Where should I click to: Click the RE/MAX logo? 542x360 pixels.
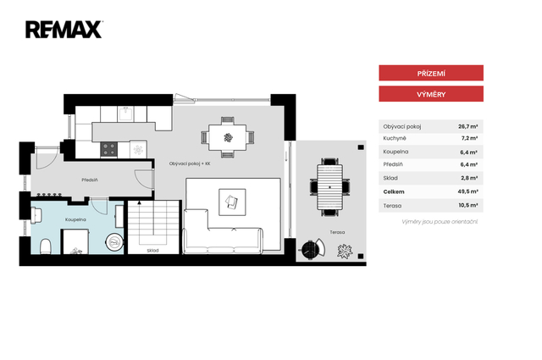(x=64, y=30)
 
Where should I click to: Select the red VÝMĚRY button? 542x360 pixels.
(x=431, y=94)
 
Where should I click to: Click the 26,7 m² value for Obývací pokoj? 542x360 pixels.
(x=468, y=126)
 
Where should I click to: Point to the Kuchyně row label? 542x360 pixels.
(x=395, y=138)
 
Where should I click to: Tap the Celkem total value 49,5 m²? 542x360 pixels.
(x=467, y=191)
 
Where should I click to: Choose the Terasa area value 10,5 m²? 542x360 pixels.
(x=468, y=205)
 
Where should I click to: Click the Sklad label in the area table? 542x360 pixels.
(x=390, y=178)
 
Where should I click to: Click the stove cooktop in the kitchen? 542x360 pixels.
(x=109, y=149)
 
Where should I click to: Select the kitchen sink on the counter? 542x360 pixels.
(x=125, y=114)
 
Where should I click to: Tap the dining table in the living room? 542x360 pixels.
(x=228, y=137)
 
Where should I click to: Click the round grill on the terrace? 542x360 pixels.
(x=310, y=249)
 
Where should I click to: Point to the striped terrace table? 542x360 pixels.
(x=329, y=187)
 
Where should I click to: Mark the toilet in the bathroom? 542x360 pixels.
(x=46, y=246)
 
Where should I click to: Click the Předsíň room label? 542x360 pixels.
(x=90, y=180)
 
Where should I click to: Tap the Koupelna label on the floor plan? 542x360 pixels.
(x=75, y=219)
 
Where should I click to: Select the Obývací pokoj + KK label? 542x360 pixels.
(x=190, y=163)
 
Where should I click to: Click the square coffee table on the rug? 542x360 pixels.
(x=232, y=202)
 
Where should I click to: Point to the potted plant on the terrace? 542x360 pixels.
(x=345, y=251)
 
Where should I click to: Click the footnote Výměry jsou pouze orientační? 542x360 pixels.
(x=440, y=222)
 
